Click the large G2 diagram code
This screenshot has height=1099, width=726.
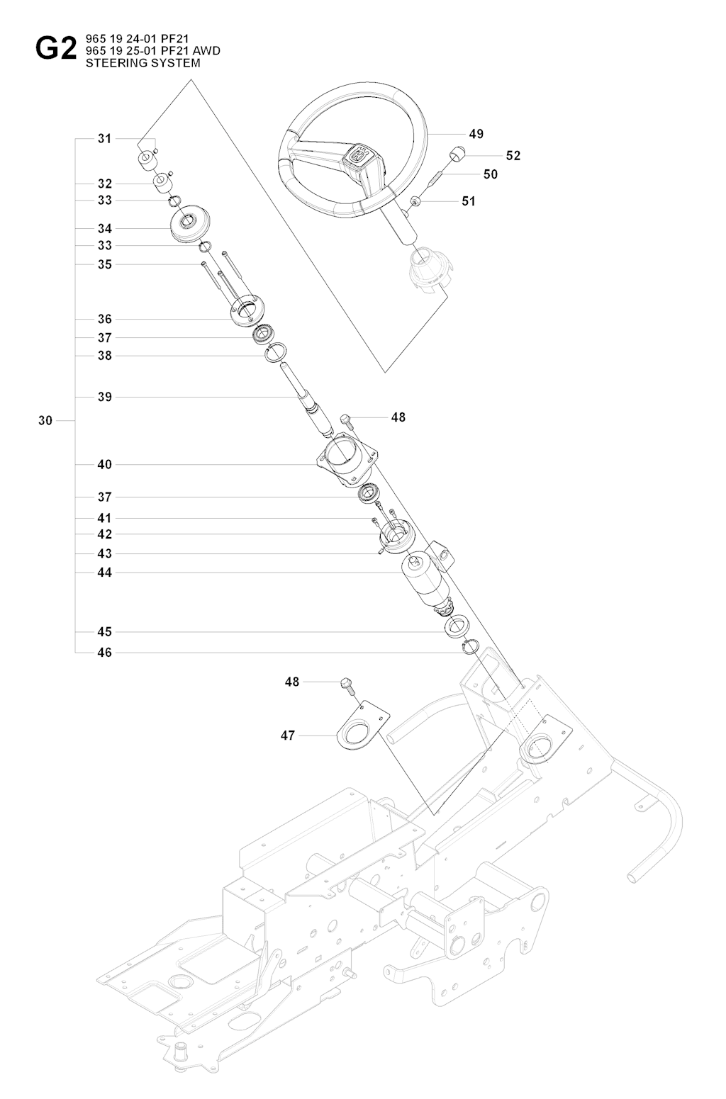coord(55,50)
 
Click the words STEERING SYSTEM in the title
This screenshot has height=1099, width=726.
coord(143,62)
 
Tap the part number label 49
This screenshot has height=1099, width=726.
coord(476,133)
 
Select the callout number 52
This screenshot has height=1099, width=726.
coord(513,156)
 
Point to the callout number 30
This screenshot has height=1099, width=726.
coord(45,420)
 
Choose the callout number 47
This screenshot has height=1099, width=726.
coord(287,736)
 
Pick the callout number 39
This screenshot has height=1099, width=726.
coord(104,397)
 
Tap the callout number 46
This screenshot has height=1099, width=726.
coord(104,653)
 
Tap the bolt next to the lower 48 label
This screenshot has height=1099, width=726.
coord(347,684)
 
